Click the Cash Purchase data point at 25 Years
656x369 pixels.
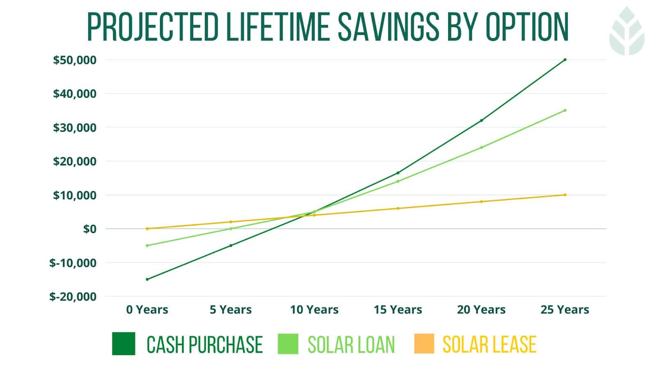[565, 60]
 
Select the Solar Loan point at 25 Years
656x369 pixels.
[565, 110]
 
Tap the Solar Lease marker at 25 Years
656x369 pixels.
[565, 195]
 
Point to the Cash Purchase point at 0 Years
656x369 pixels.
[147, 279]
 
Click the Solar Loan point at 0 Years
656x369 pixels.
[147, 246]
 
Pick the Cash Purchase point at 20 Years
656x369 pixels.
[481, 121]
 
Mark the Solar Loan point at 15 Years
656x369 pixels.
[398, 181]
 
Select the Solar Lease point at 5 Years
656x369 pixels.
[231, 222]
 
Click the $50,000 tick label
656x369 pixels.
[75, 60]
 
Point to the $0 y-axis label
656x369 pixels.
[89, 229]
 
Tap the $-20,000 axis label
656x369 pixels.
[73, 296]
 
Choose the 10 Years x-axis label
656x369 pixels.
[314, 310]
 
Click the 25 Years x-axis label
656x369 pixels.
[565, 310]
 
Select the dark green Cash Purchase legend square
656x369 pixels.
[123, 344]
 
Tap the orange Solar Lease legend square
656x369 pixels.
[424, 344]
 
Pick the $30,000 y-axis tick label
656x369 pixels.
[75, 128]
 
